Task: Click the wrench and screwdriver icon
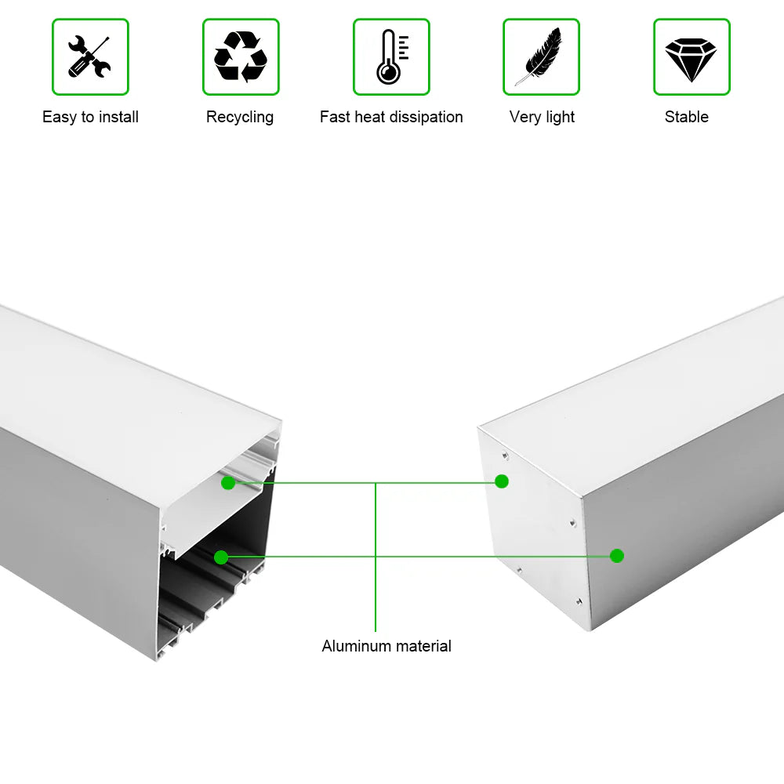click(89, 56)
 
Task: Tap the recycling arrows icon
click(241, 56)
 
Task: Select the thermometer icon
click(390, 56)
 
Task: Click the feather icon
click(541, 56)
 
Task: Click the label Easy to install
click(90, 117)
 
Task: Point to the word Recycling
click(240, 117)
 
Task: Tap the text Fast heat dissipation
click(391, 117)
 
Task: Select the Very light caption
click(542, 117)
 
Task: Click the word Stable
click(687, 117)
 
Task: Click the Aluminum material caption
click(387, 647)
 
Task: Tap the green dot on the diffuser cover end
click(228, 483)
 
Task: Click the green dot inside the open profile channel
click(221, 557)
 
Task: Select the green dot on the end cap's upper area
click(502, 481)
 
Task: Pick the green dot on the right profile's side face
click(617, 556)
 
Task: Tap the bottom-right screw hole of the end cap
click(576, 601)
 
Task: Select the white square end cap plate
click(533, 533)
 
